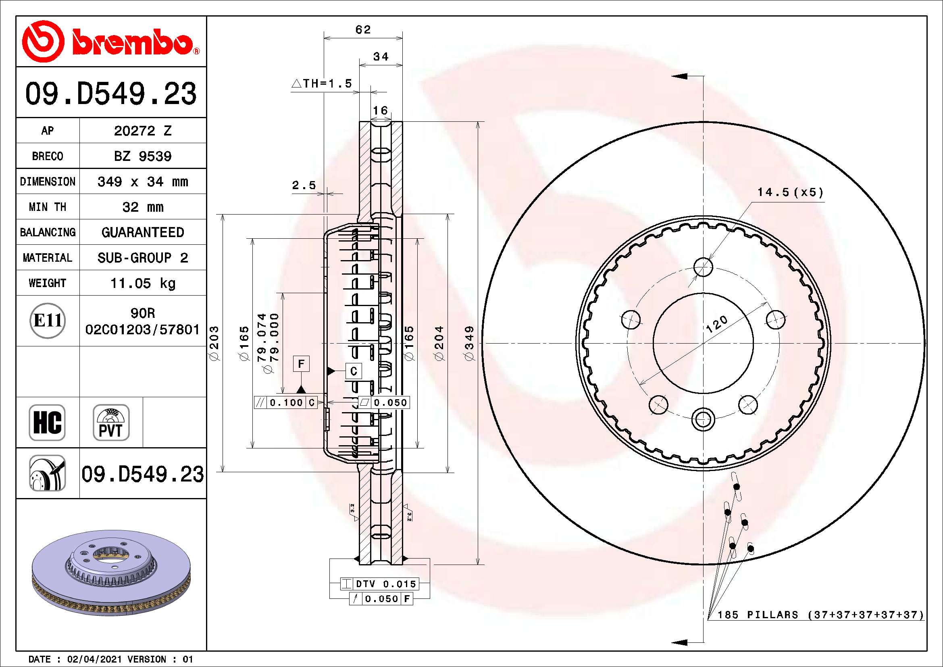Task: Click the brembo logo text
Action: click(x=132, y=42)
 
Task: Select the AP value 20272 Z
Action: click(x=142, y=131)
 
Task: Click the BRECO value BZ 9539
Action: click(x=142, y=156)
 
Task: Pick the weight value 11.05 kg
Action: click(x=142, y=283)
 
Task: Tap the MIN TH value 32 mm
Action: click(x=142, y=207)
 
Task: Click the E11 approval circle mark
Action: click(x=48, y=321)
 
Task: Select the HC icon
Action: click(x=47, y=422)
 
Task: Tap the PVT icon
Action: click(x=111, y=422)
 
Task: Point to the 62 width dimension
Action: click(x=363, y=29)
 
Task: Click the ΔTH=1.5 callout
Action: click(x=322, y=84)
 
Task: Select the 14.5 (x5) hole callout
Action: click(x=790, y=192)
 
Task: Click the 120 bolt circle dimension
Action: click(x=716, y=324)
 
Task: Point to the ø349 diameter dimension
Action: click(x=469, y=343)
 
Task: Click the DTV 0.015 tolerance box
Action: click(x=385, y=584)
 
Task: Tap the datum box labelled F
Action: click(x=301, y=364)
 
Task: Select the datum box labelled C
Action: click(x=354, y=371)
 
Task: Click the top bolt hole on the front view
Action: click(x=703, y=267)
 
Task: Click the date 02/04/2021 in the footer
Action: click(x=94, y=659)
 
